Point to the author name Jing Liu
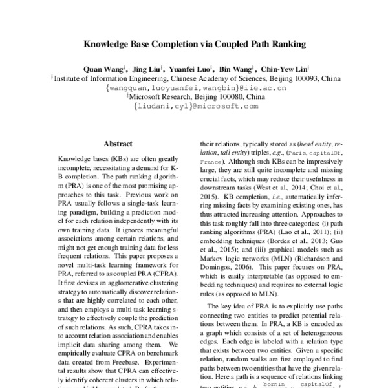[148, 68]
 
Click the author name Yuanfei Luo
[191, 68]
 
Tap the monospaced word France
[210, 159]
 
